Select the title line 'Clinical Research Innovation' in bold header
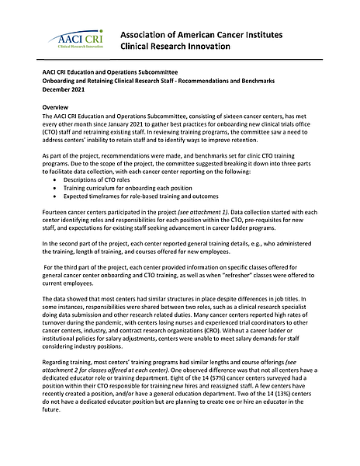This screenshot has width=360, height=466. [179, 47]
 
